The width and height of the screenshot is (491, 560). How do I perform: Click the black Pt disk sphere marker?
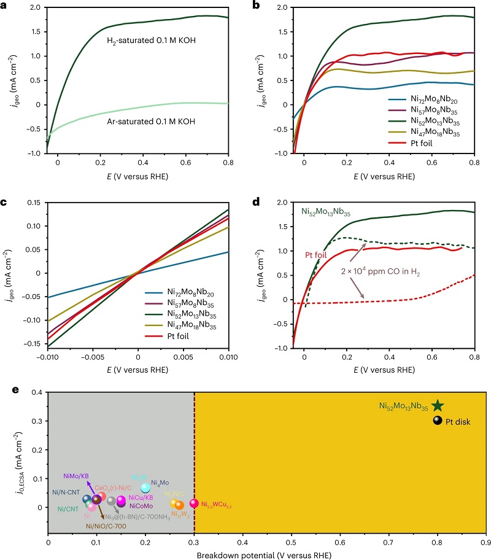tap(437, 421)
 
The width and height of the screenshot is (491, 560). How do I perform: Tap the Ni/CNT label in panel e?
tap(68, 509)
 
